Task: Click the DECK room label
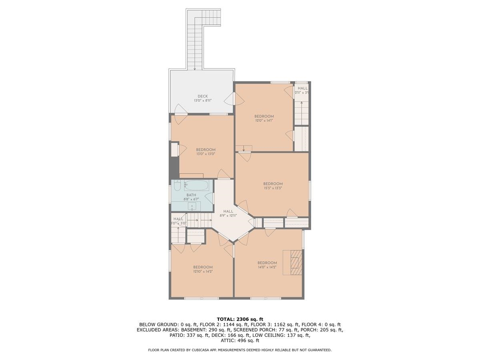pos(202,96)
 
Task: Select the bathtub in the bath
pos(196,186)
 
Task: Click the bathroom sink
pos(192,206)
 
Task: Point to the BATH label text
pos(191,195)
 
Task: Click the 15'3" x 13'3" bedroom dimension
pos(273,188)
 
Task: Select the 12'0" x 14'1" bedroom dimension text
pos(264,120)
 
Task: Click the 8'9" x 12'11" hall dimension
pos(228,216)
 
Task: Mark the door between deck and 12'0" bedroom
pos(230,98)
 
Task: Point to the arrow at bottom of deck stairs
pos(195,68)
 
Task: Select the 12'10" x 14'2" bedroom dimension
pos(203,271)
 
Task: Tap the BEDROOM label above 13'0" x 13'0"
pos(206,150)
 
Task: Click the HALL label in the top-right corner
pos(302,88)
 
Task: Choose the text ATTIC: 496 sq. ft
pos(240,341)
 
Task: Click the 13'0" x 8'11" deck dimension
pos(202,101)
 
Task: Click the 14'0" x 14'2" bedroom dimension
pos(267,267)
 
